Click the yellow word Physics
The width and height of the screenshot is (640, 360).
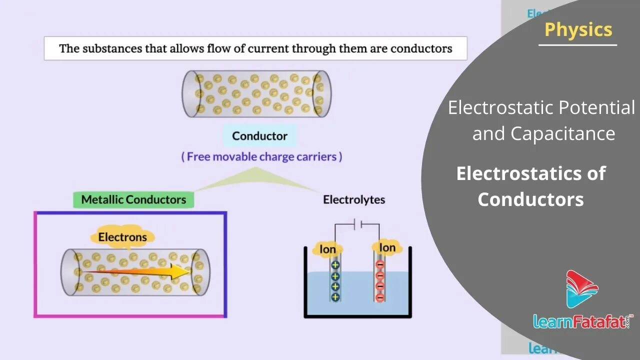click(x=578, y=29)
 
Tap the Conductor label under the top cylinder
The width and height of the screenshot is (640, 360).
click(x=259, y=136)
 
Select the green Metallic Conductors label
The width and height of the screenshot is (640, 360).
click(x=133, y=199)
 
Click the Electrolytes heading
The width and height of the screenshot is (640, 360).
click(x=354, y=200)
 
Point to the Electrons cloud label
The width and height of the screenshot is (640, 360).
click(x=122, y=237)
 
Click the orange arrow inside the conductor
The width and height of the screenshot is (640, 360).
click(x=135, y=271)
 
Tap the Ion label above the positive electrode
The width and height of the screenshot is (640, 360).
click(x=327, y=249)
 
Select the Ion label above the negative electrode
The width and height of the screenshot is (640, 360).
click(x=387, y=247)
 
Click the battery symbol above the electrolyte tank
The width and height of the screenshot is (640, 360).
click(x=357, y=225)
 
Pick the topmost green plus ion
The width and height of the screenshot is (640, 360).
click(x=335, y=265)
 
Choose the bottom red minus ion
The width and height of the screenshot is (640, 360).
click(x=380, y=297)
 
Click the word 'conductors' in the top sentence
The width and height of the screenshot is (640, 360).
click(x=421, y=48)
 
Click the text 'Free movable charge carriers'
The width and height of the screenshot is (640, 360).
click(x=261, y=156)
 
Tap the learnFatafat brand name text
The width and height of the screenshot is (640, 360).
click(x=581, y=320)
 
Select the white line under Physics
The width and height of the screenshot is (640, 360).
click(x=577, y=45)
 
